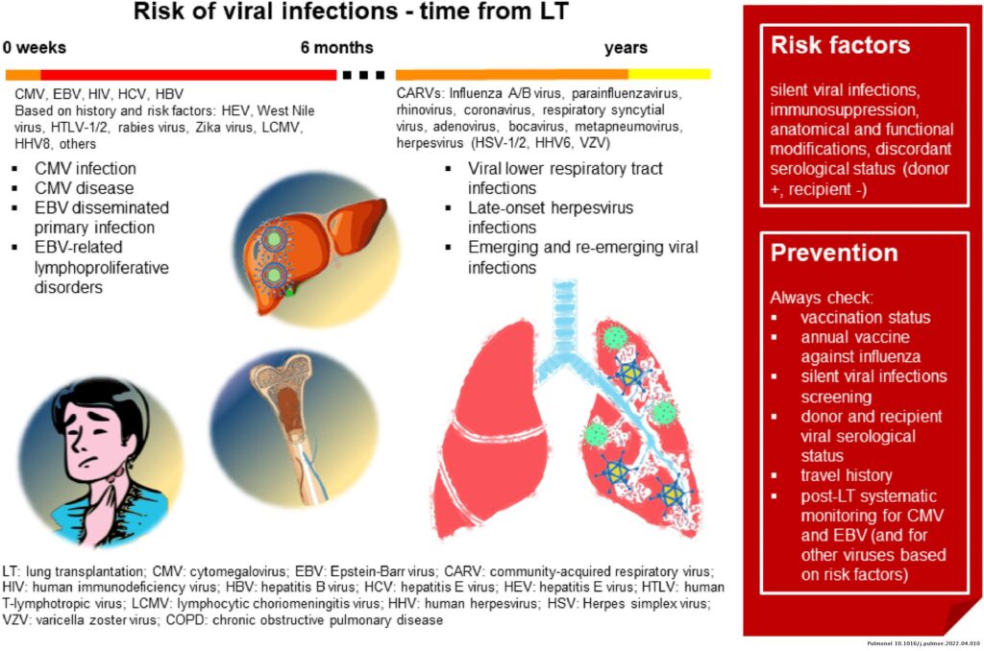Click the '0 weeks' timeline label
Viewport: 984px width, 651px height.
point(34,48)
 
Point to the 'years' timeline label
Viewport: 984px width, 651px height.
point(626,48)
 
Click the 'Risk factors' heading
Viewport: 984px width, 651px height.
point(840,46)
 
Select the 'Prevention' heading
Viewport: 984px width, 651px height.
point(834,253)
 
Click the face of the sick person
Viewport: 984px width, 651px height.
point(91,437)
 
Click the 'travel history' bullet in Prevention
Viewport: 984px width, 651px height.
point(846,475)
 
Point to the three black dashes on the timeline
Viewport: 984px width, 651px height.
point(361,74)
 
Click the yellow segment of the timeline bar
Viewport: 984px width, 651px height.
point(669,74)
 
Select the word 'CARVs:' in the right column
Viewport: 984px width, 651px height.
point(420,94)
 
